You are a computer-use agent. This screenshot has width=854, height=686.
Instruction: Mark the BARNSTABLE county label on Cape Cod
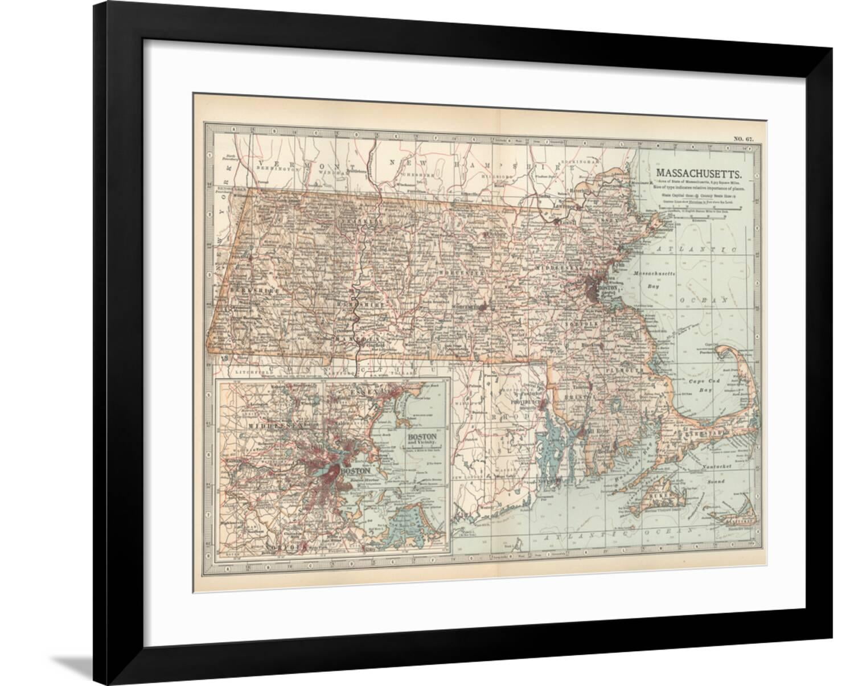698,434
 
